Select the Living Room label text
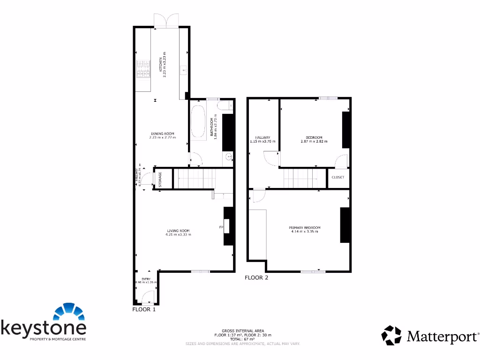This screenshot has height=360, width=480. tap(178, 232)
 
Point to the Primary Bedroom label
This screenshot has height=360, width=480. tap(305, 230)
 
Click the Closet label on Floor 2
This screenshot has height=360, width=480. tap(338, 177)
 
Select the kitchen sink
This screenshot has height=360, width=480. tap(184, 70)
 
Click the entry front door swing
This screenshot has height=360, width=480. tap(148, 296)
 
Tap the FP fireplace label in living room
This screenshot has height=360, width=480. tap(221, 227)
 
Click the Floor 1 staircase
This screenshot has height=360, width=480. tap(195, 179)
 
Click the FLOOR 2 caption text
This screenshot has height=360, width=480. tap(256, 277)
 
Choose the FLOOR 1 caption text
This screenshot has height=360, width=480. tap(144, 309)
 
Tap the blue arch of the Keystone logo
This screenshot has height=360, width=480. tap(70, 312)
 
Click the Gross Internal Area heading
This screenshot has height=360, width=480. tap(242, 331)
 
